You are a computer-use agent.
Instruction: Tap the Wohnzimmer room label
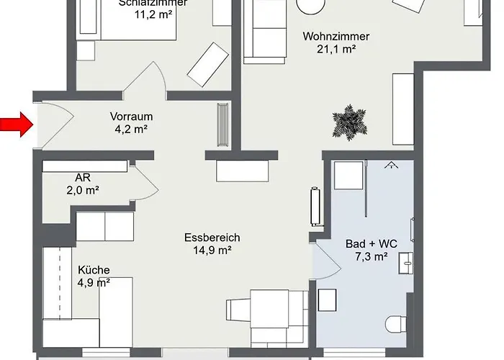336,36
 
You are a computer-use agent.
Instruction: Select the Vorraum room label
131,116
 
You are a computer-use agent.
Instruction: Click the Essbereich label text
212,238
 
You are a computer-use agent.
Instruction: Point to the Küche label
94,270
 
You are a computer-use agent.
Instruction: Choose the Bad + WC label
372,243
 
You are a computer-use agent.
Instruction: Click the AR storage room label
82,178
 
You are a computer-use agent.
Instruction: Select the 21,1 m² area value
336,50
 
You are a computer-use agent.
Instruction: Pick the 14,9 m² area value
212,251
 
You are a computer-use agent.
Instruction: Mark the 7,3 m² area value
372,256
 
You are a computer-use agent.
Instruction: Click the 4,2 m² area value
131,130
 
